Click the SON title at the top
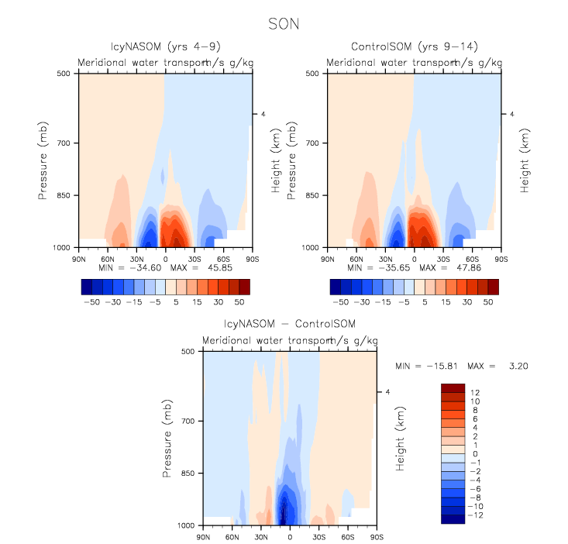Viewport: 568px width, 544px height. [x=284, y=24]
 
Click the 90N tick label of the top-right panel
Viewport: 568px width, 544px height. [x=329, y=257]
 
